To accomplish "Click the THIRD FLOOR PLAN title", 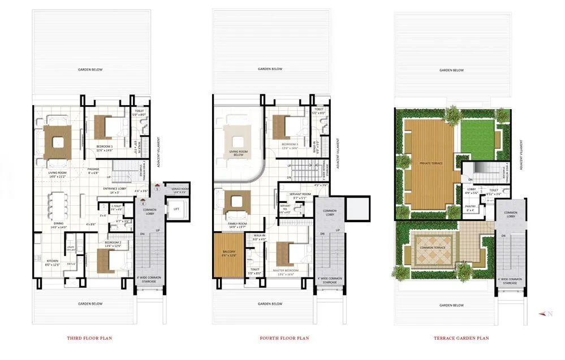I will (90, 339).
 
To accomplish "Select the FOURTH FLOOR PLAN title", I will (284, 339).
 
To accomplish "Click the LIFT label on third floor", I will (175, 209).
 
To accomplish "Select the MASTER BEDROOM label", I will (285, 271).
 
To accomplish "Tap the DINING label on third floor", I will (58, 223).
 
